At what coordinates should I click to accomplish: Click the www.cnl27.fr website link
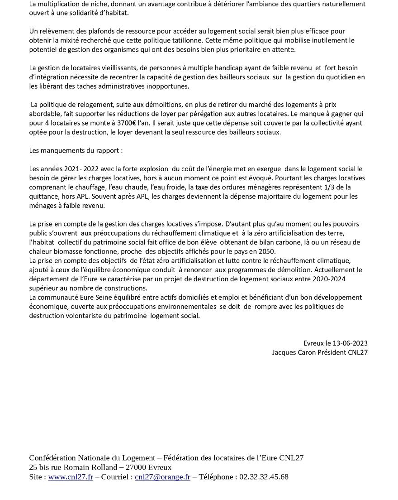[71, 477]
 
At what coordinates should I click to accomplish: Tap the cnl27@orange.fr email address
[162, 477]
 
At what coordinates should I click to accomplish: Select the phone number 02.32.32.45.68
[264, 477]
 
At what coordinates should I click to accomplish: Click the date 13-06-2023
[348, 343]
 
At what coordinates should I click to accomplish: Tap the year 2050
[267, 251]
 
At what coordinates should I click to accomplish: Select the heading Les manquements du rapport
[76, 150]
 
